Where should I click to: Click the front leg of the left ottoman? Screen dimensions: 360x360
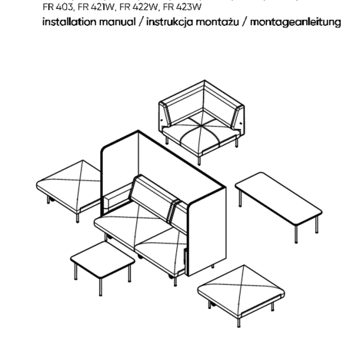(78, 216)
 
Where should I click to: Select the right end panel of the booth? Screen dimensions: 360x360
(206, 234)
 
